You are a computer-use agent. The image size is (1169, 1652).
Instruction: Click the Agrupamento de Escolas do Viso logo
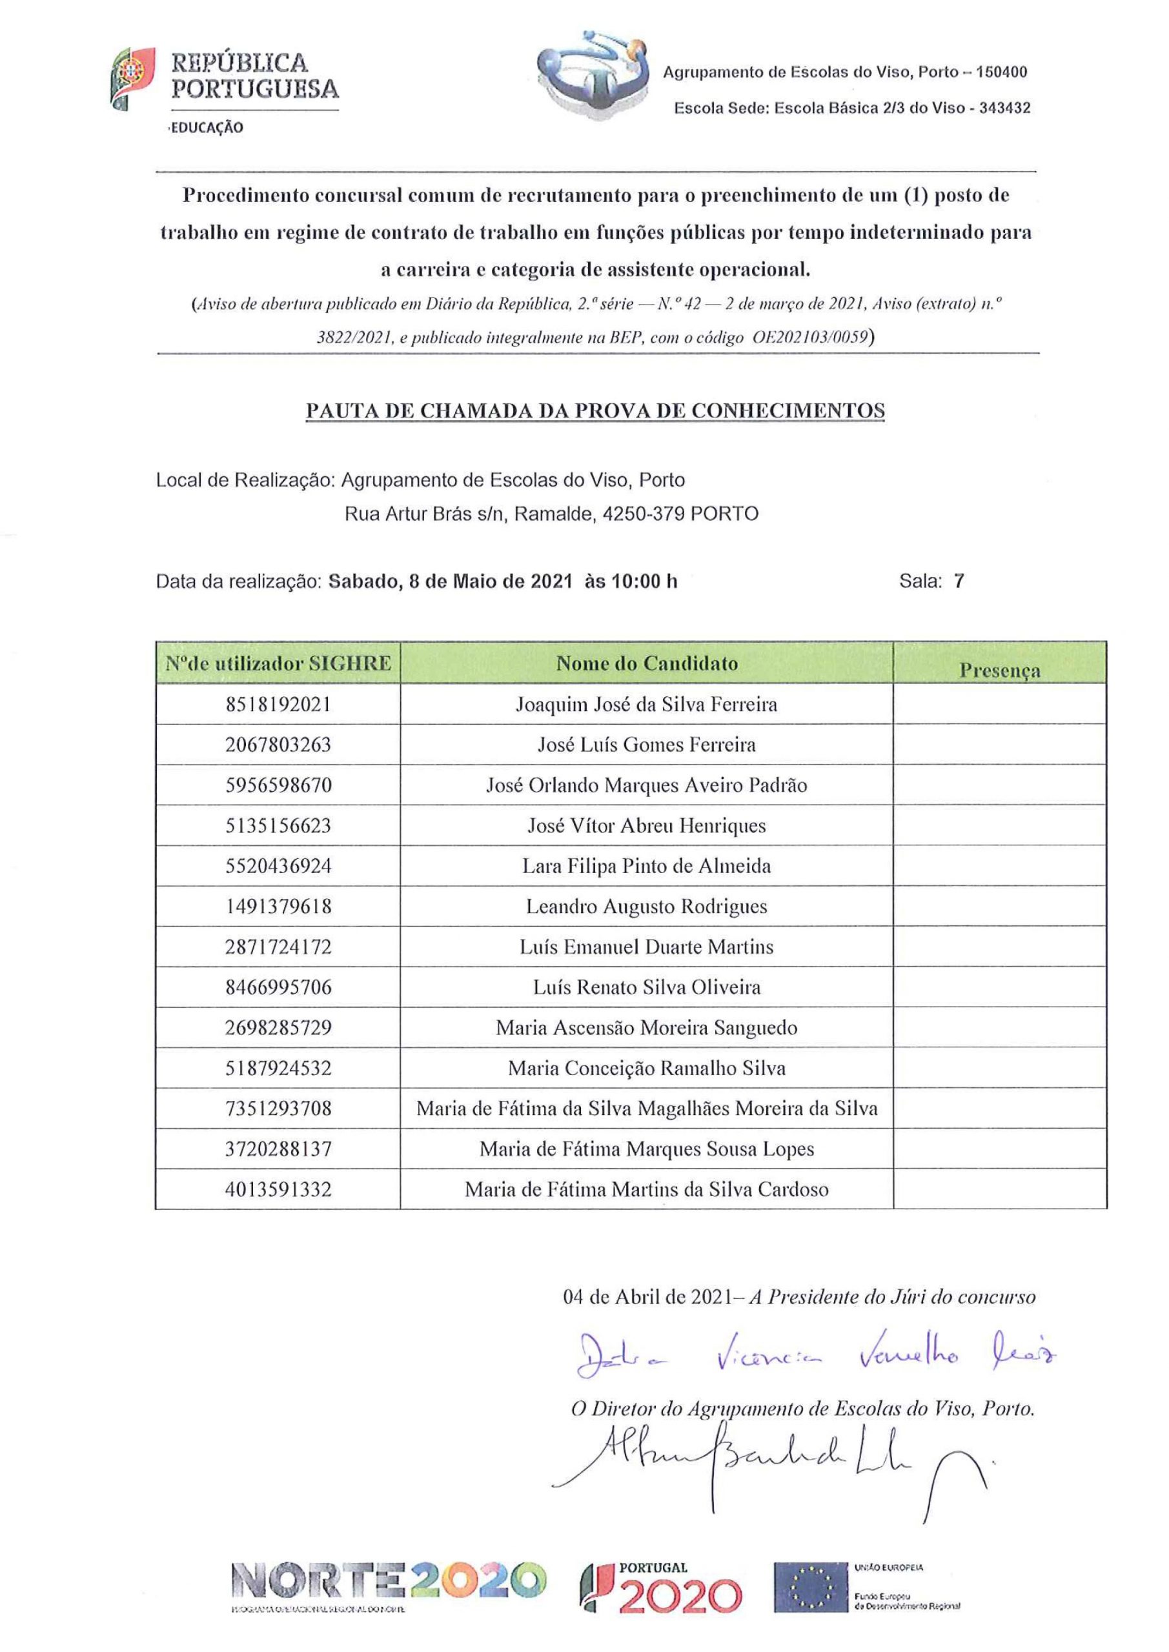[x=592, y=74]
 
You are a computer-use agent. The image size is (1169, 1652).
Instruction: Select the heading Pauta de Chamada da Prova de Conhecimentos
[x=595, y=411]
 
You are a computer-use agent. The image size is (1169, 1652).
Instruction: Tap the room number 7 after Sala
[x=959, y=581]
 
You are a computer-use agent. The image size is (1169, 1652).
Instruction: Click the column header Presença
[x=999, y=670]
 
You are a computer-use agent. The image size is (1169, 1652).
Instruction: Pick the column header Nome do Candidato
[x=646, y=663]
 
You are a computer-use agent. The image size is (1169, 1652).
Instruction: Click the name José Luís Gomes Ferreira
[x=646, y=744]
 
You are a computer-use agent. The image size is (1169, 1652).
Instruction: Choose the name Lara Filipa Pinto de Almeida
[x=646, y=865]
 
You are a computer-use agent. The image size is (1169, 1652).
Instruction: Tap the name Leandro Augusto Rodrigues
[x=646, y=906]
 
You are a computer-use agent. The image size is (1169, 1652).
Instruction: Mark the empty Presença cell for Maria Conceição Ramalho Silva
[x=999, y=1068]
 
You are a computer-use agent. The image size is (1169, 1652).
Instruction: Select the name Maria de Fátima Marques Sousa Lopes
[x=646, y=1149]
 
